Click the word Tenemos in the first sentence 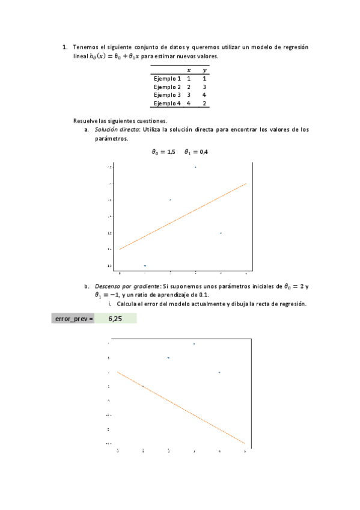pos(85,47)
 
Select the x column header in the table pos(189,70)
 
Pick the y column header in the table pos(205,70)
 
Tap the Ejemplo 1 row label pos(167,78)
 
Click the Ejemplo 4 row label pos(167,103)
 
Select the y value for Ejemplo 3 pos(205,95)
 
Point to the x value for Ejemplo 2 pos(189,87)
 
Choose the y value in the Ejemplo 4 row pos(205,103)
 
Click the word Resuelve pos(85,120)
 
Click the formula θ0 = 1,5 pos(163,152)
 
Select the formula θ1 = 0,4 pos(196,152)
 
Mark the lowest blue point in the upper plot pos(145,265)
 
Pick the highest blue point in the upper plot pos(195,167)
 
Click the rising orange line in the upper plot pos(183,216)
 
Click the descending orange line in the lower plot pos(180,407)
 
